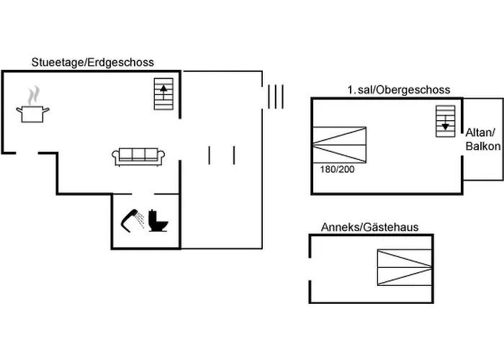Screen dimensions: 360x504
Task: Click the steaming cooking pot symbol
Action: (33, 112)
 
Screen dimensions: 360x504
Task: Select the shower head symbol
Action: (131, 218)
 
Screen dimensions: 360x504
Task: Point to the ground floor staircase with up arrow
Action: (165, 94)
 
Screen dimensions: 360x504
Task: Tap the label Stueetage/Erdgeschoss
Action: (92, 63)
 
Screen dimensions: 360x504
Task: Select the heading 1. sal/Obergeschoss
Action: (398, 90)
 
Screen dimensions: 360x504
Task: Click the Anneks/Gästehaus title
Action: (369, 228)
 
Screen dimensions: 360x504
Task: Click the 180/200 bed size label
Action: (337, 169)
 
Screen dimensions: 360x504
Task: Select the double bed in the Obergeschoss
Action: (340, 145)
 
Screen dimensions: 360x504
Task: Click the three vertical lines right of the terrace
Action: (275, 96)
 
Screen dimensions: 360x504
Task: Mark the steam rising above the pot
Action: (33, 96)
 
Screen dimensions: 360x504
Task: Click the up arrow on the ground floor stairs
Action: (165, 91)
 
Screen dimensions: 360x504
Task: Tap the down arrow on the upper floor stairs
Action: (445, 124)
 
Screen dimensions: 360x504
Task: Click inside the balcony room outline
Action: (483, 166)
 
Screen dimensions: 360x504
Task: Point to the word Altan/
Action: (481, 133)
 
